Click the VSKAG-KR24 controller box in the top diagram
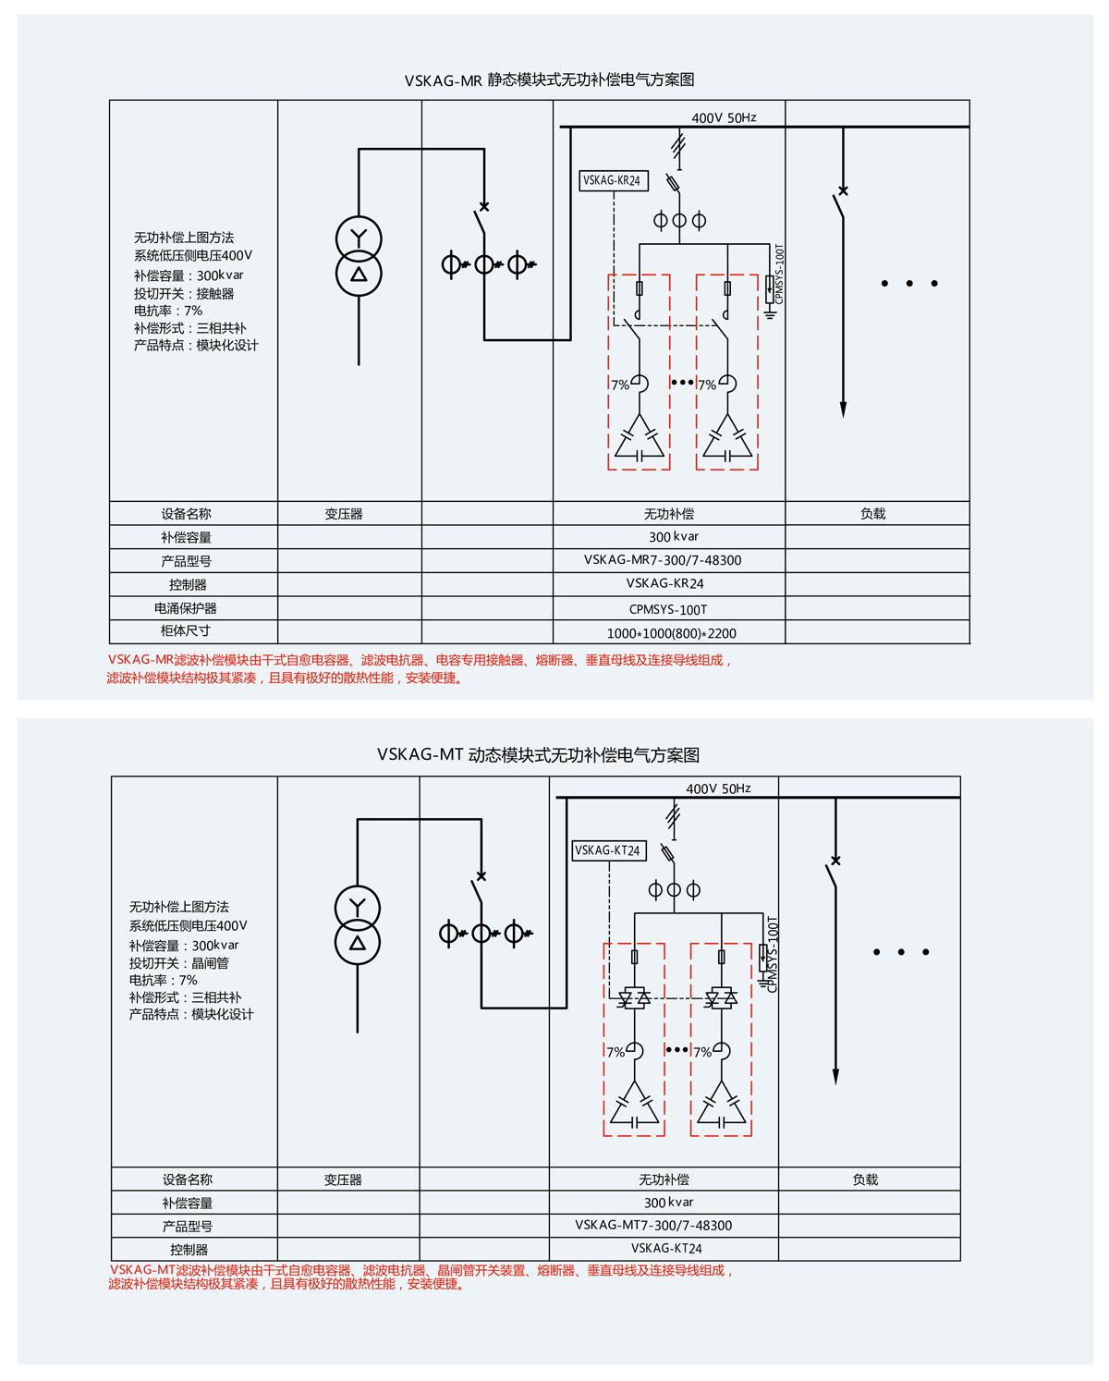tap(613, 180)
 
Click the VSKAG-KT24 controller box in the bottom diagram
tap(608, 850)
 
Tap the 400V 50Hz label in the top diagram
tap(724, 117)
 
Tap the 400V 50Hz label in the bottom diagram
tap(718, 788)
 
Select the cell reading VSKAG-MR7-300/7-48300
tap(663, 560)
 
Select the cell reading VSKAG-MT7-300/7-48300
tap(653, 1225)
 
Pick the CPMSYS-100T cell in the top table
tap(668, 609)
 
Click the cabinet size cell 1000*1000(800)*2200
tap(672, 633)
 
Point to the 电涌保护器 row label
tap(186, 608)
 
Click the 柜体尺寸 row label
tap(186, 631)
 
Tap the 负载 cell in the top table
tap(873, 514)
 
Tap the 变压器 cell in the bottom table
tap(343, 1179)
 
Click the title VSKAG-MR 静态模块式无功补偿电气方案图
tap(550, 80)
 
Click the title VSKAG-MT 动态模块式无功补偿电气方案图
tap(538, 755)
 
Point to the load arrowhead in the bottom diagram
tap(835, 1077)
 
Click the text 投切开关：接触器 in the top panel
tap(184, 293)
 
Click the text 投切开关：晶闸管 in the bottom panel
tap(179, 962)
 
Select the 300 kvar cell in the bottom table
tap(669, 1203)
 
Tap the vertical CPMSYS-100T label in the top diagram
tap(779, 274)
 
